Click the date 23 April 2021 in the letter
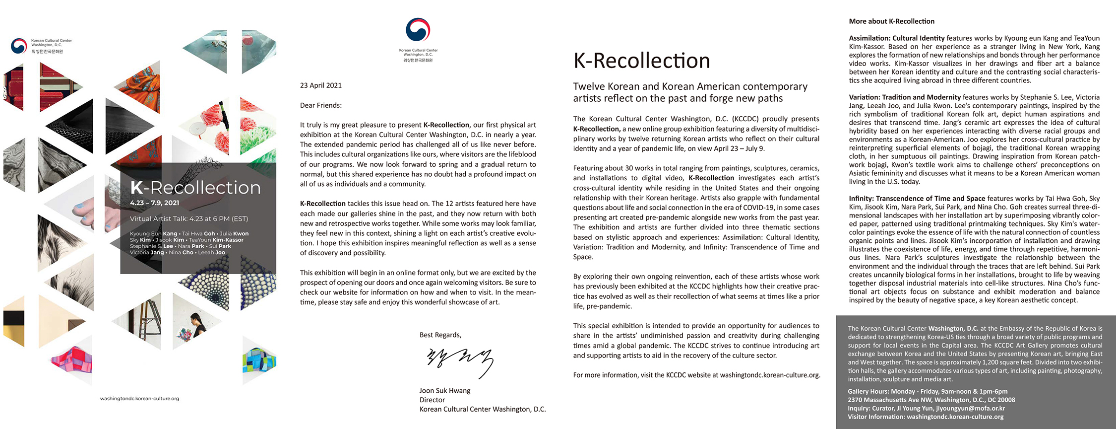[321, 85]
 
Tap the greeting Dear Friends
[321, 105]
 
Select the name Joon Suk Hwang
[445, 391]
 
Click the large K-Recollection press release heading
[641, 61]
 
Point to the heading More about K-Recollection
[891, 21]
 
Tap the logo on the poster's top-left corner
[19, 46]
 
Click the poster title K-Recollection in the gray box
[195, 188]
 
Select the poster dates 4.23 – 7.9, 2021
[154, 203]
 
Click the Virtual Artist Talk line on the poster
[188, 218]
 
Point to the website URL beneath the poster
[139, 398]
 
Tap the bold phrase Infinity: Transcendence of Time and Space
[917, 199]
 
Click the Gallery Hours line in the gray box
[928, 391]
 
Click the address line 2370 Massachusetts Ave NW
[931, 400]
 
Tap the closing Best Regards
[440, 335]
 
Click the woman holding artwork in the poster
[197, 325]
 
